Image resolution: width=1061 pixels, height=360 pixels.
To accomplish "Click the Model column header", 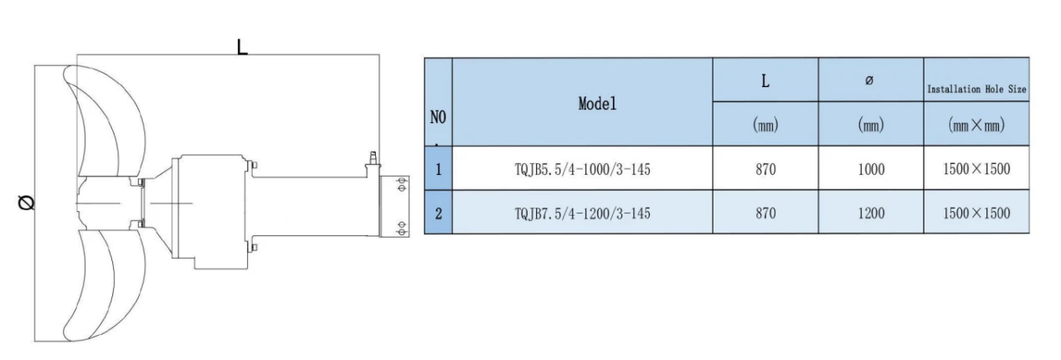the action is pyautogui.click(x=597, y=104).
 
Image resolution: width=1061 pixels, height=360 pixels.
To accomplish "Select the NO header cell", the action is pyautogui.click(x=438, y=117).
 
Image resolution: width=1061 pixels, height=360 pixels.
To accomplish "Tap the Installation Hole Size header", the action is pyautogui.click(x=976, y=89).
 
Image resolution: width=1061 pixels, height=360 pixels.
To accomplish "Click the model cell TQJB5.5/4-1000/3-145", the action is pyautogui.click(x=583, y=169).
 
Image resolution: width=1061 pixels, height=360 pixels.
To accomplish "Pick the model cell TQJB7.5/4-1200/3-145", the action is pyautogui.click(x=583, y=213).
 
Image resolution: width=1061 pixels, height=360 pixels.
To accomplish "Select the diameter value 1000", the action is pyautogui.click(x=871, y=169).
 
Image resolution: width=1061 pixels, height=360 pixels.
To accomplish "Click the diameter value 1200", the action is pyautogui.click(x=871, y=213).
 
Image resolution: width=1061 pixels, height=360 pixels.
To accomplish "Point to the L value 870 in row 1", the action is pyautogui.click(x=765, y=169).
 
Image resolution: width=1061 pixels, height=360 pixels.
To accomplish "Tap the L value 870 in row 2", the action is pyautogui.click(x=765, y=213).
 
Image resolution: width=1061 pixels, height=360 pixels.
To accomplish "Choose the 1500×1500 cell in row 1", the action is pyautogui.click(x=976, y=169).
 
